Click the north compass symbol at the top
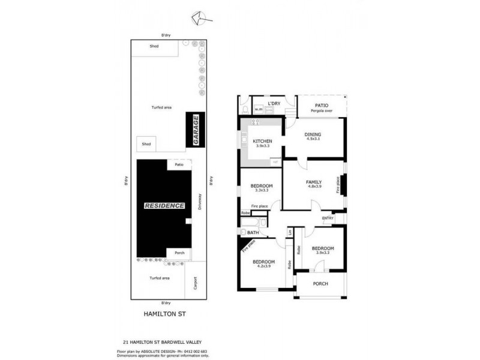(x=198, y=19)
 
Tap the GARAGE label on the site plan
(x=195, y=129)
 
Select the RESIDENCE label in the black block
(x=164, y=206)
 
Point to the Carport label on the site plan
(x=195, y=283)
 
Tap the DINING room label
(x=313, y=135)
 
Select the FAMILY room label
(x=314, y=182)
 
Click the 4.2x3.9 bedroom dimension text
(x=263, y=266)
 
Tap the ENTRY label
(x=328, y=218)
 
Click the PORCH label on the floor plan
(x=320, y=283)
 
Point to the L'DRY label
(x=274, y=104)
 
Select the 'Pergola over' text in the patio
(x=322, y=110)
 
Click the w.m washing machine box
(x=259, y=109)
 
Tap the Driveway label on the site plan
(x=199, y=204)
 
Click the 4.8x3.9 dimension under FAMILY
(x=314, y=187)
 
